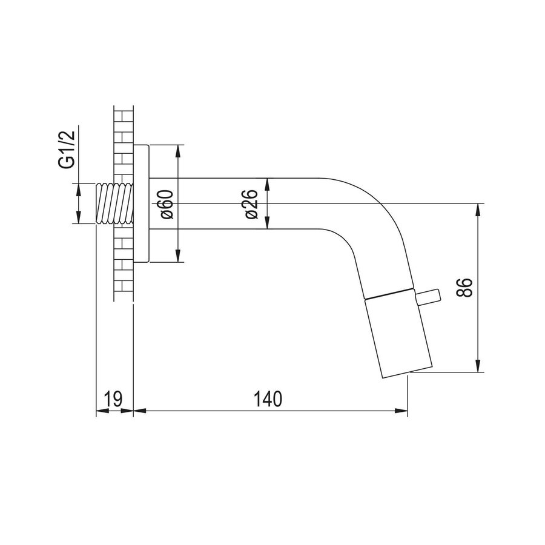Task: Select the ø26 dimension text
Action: [252, 204]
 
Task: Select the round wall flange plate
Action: [141, 204]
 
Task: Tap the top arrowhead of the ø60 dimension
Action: [178, 151]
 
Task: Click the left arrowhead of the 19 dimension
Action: [101, 411]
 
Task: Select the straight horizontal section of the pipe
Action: [242, 204]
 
